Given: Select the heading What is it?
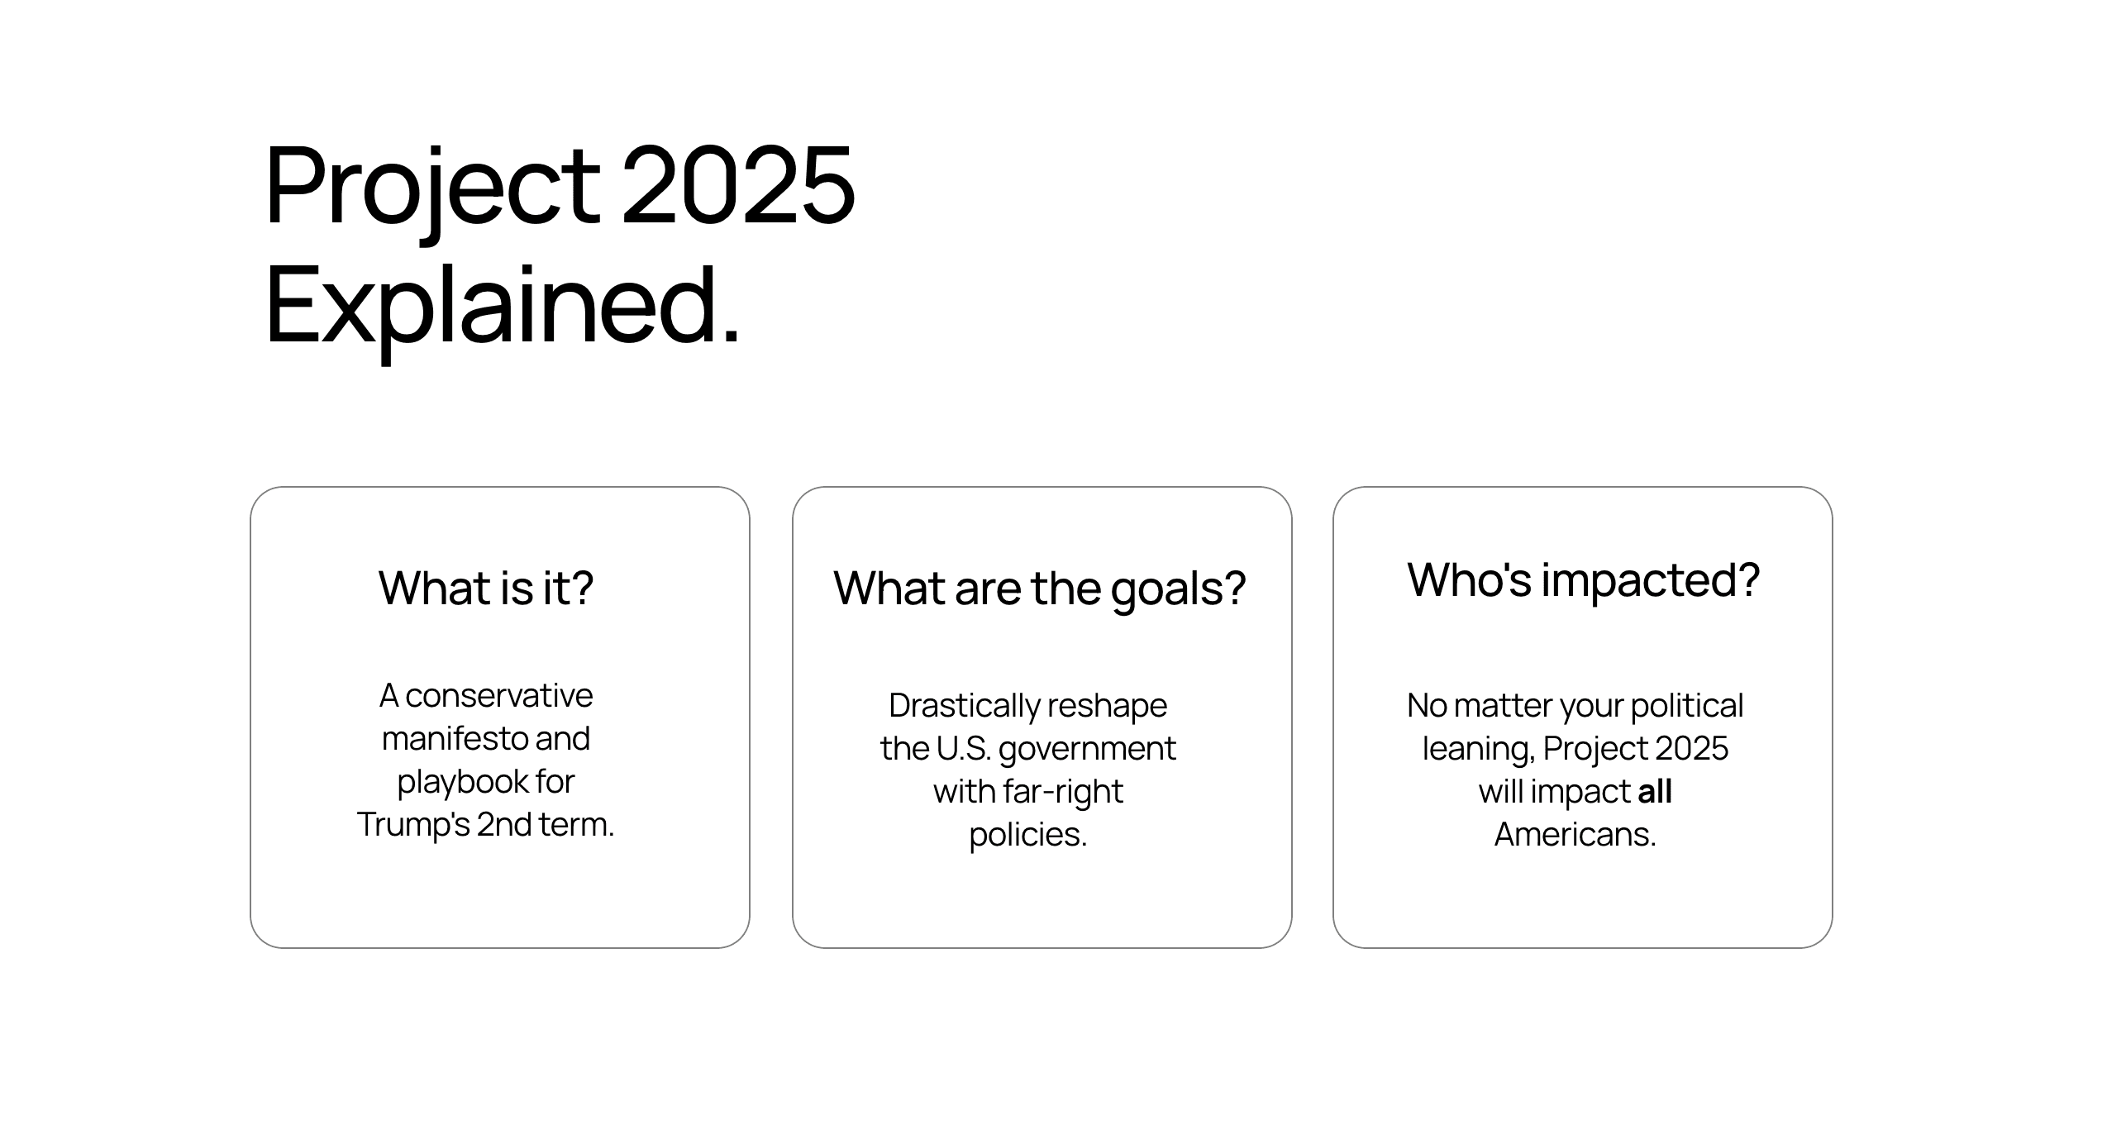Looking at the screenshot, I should pyautogui.click(x=486, y=588).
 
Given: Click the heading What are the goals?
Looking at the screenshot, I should pyautogui.click(x=1039, y=588).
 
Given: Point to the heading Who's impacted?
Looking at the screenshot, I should pyautogui.click(x=1583, y=579).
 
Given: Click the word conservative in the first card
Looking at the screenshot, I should pyautogui.click(x=498, y=696).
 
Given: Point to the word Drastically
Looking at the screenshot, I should pyautogui.click(x=964, y=706).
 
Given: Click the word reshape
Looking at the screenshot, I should pyautogui.click(x=1108, y=706).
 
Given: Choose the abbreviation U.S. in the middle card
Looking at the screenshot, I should pyautogui.click(x=963, y=749).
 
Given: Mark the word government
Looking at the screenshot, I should pyautogui.click(x=1087, y=749).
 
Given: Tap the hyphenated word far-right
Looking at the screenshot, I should pyautogui.click(x=1062, y=792).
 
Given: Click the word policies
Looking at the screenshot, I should pyautogui.click(x=1027, y=835).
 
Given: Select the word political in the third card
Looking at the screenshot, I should pyautogui.click(x=1686, y=706).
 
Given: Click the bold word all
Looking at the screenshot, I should pyautogui.click(x=1655, y=792).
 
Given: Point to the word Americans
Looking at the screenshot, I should pyautogui.click(x=1575, y=835).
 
